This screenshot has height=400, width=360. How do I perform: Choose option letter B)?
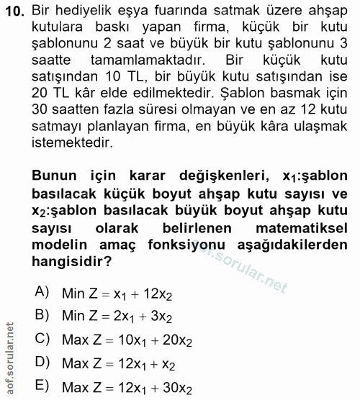(42, 315)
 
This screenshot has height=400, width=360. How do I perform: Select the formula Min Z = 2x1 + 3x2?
(117, 316)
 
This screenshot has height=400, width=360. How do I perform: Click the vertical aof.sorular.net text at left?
(9, 359)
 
